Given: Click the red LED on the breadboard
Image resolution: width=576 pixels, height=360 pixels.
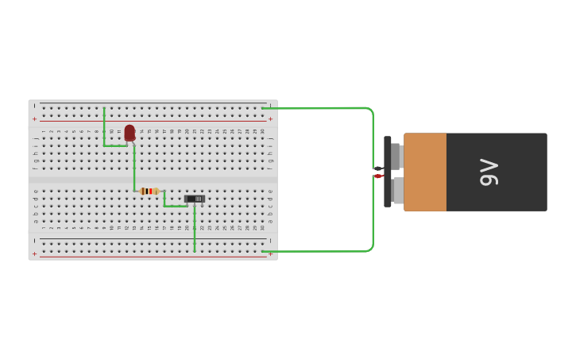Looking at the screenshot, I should click(x=130, y=133).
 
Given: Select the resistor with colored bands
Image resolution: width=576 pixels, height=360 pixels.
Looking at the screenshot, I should click(x=149, y=191).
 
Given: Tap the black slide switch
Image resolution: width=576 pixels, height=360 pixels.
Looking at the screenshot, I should click(x=195, y=199).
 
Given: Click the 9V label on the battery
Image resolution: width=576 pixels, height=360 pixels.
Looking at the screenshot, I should click(x=489, y=172).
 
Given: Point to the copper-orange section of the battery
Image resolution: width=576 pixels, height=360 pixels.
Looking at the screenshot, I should click(x=425, y=172).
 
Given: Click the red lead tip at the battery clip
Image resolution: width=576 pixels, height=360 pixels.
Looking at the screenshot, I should click(x=378, y=176).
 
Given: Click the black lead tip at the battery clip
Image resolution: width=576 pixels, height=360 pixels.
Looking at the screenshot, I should click(x=378, y=168).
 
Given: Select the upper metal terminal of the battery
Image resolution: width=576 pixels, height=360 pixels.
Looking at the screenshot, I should click(x=396, y=156).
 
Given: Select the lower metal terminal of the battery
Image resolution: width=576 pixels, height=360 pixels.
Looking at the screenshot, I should click(x=397, y=191).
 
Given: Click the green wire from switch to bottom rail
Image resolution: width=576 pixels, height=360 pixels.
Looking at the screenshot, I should click(x=195, y=230).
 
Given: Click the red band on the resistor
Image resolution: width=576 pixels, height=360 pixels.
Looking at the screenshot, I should click(x=149, y=191).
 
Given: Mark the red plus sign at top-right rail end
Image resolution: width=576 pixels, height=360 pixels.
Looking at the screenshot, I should click(x=270, y=119).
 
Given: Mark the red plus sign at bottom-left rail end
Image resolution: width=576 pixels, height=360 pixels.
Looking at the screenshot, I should click(x=34, y=254).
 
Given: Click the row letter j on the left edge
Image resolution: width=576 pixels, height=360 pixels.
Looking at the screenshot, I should click(x=34, y=138).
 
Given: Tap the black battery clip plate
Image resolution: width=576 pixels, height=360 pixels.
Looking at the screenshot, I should click(x=388, y=172).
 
